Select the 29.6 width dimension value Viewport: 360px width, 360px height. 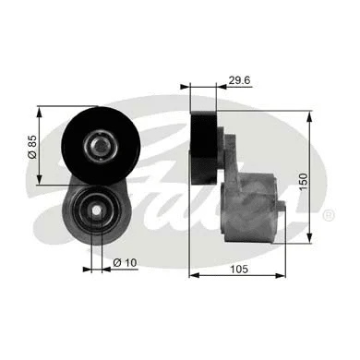pyautogui.click(x=239, y=80)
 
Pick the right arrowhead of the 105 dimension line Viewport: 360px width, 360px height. pyautogui.click(x=283, y=274)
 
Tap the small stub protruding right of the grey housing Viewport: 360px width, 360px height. pyautogui.click(x=281, y=205)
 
